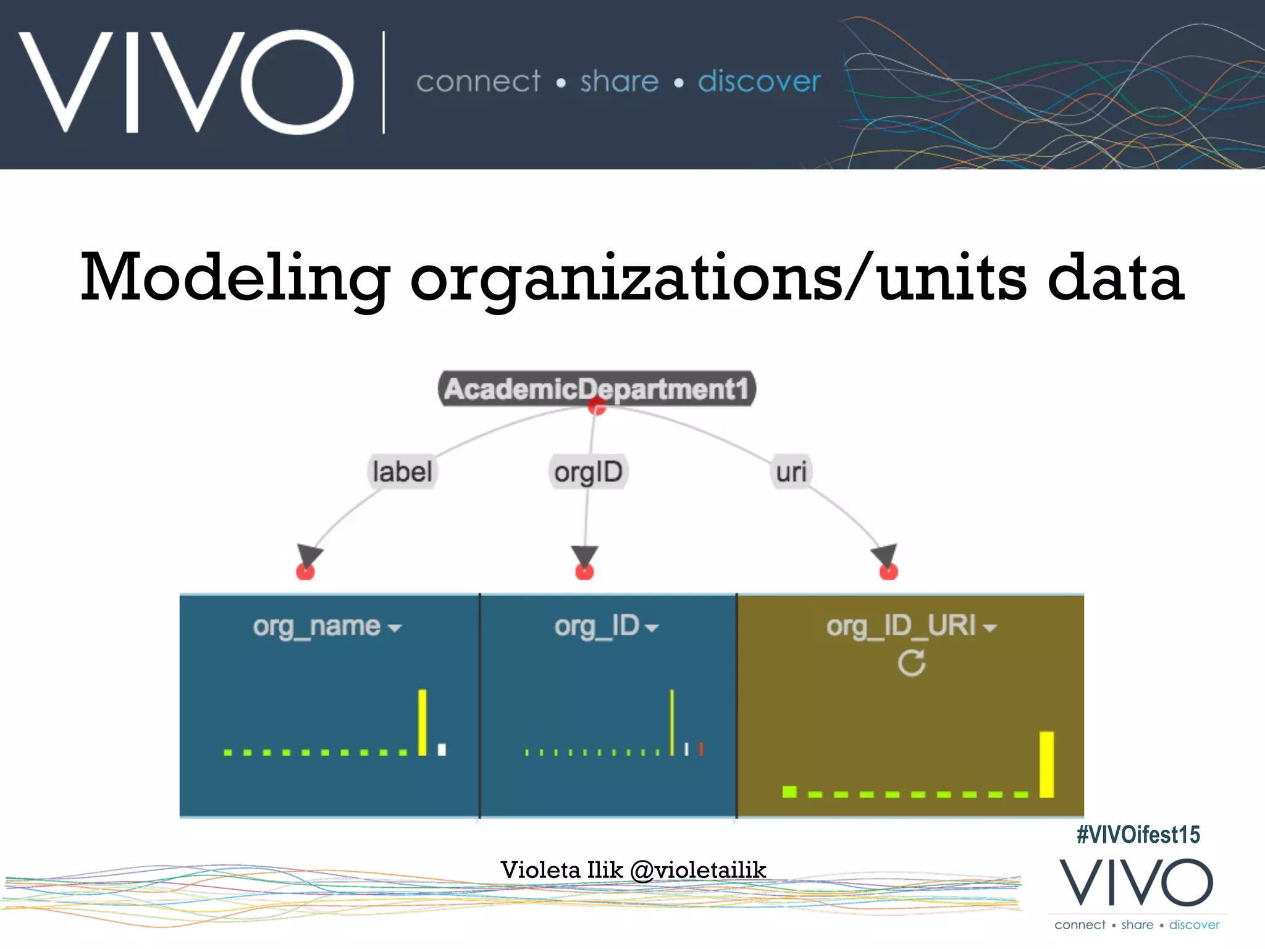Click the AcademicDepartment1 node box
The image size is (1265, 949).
tap(597, 388)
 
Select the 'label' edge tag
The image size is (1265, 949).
tap(402, 472)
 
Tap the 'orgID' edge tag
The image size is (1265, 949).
tap(588, 472)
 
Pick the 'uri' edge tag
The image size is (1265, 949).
tap(791, 472)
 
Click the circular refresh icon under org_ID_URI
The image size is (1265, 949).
tap(911, 664)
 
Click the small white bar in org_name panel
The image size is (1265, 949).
tap(442, 749)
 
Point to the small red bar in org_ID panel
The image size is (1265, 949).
tap(700, 749)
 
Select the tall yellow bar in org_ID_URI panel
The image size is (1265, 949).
tap(1046, 764)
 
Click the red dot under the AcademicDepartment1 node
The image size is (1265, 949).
tap(597, 407)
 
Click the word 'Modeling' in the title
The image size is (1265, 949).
tap(235, 278)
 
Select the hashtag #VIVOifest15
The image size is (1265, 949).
tap(1138, 835)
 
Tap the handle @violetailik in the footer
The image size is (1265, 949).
tap(698, 870)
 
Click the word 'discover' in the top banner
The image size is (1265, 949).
tap(759, 81)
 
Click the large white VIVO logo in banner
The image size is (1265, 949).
tap(185, 82)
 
